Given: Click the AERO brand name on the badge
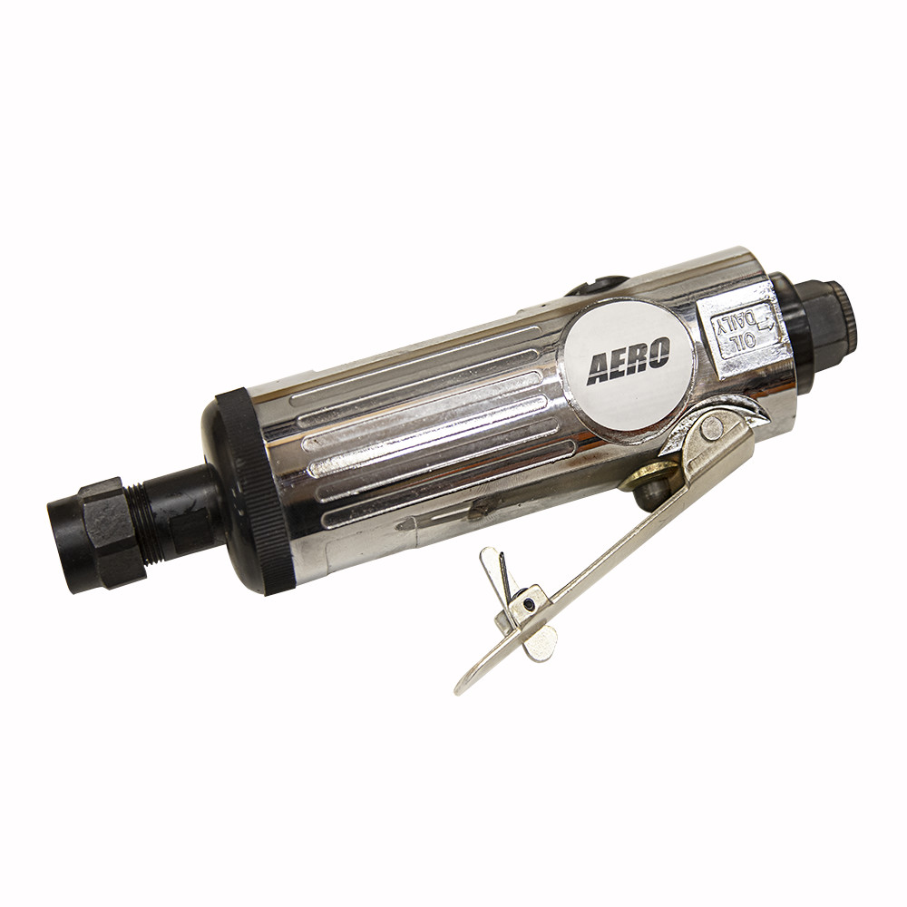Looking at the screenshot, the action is [x=629, y=360].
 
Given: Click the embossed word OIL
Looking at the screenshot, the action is [x=740, y=342].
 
